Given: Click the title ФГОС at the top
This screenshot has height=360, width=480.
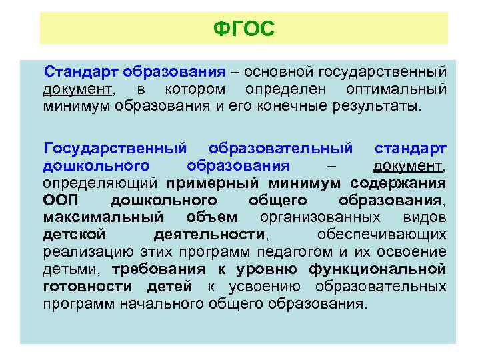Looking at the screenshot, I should pos(243,29).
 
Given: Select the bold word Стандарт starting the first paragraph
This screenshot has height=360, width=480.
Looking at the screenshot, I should pos(75,72).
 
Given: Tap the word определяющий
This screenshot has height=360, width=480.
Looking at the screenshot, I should pos(100,183).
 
